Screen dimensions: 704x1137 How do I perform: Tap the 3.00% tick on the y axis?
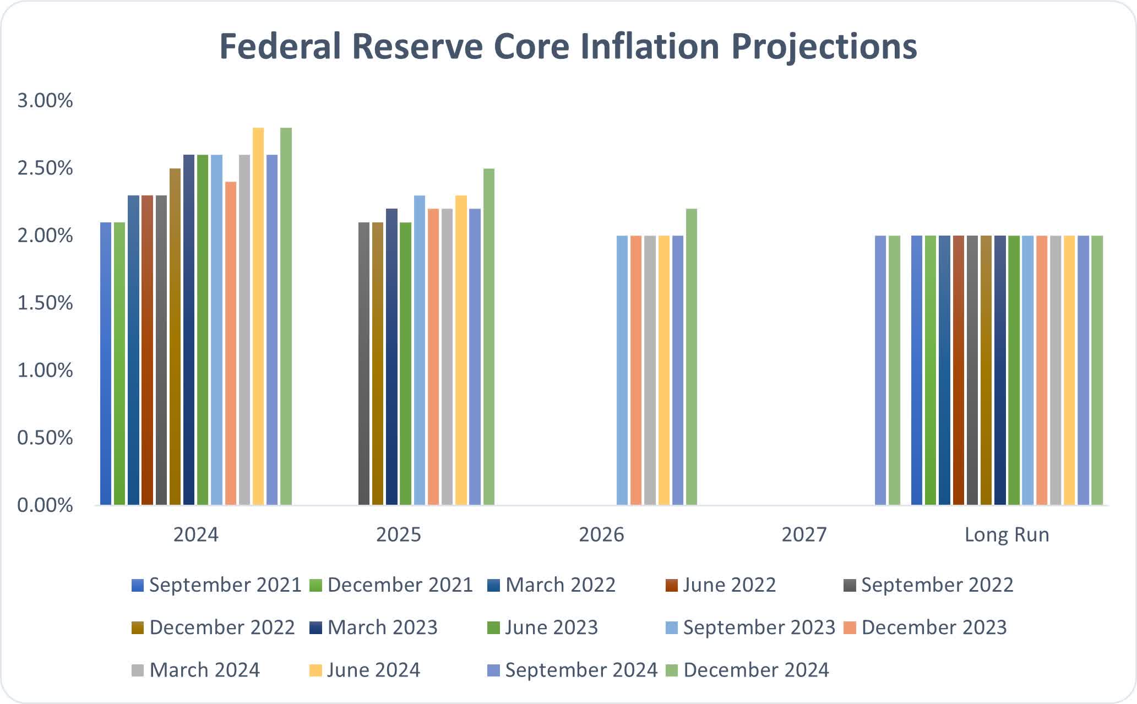tap(45, 101)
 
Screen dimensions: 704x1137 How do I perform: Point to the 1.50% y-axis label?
tap(45, 303)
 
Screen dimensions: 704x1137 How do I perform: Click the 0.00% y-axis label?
tap(45, 505)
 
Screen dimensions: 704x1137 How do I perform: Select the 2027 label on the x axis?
tap(804, 534)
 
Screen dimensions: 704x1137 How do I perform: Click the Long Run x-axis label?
tap(1007, 534)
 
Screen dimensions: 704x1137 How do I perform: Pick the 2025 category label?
tap(398, 534)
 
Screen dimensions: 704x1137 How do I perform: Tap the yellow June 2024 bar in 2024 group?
tap(258, 316)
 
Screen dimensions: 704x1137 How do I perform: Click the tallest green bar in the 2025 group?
tap(489, 337)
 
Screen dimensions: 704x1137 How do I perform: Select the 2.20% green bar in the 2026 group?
tap(692, 357)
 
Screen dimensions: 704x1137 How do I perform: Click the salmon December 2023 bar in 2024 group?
tap(231, 343)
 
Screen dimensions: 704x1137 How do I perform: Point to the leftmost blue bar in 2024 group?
tap(106, 363)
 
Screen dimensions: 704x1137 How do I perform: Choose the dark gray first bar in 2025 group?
tap(364, 363)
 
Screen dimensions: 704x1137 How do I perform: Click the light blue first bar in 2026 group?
tap(622, 370)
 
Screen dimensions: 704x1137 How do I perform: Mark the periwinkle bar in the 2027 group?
tap(880, 370)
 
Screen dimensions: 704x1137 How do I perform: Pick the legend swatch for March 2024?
tap(138, 670)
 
